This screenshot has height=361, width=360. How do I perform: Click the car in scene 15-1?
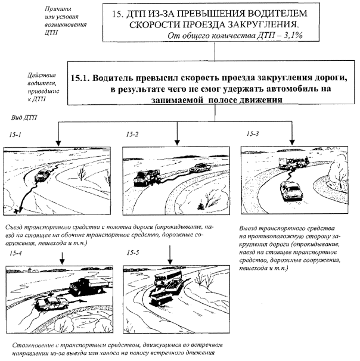43,176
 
